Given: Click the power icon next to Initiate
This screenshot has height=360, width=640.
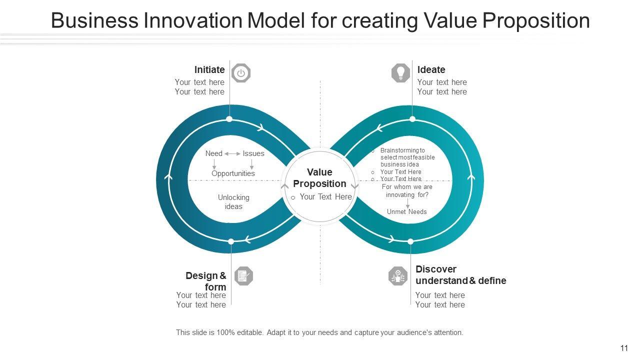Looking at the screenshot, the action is [x=241, y=73].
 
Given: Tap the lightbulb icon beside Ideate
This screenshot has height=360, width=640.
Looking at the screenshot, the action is [x=400, y=73].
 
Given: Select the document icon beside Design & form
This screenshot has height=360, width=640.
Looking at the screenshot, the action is [x=243, y=276].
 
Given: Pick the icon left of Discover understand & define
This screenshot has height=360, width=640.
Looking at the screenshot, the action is [x=398, y=276].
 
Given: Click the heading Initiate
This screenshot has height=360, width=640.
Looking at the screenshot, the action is [x=209, y=70].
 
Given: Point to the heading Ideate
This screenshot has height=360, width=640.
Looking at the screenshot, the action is [x=431, y=70].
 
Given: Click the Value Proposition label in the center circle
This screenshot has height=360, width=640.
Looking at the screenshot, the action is [x=319, y=178].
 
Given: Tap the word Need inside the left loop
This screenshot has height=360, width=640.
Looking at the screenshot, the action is [x=214, y=153].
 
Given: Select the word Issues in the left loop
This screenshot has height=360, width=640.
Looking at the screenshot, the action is [x=253, y=153].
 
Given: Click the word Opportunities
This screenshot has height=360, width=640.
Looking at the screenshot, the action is [x=233, y=173].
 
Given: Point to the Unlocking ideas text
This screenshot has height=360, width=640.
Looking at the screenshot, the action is [x=233, y=202].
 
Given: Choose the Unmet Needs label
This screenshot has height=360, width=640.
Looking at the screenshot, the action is [x=407, y=212].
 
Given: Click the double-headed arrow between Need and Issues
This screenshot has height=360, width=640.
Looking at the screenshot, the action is [x=232, y=153].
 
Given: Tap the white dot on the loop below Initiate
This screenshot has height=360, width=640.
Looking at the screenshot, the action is [x=229, y=119].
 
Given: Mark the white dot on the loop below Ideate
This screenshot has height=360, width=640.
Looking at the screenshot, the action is [x=412, y=119].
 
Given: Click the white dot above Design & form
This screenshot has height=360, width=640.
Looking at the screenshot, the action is [x=231, y=241].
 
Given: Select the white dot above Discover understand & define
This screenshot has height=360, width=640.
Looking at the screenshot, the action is [x=410, y=241].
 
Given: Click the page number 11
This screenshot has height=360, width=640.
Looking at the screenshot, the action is [x=624, y=348].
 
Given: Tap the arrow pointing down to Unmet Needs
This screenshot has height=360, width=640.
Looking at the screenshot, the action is [x=407, y=203].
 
